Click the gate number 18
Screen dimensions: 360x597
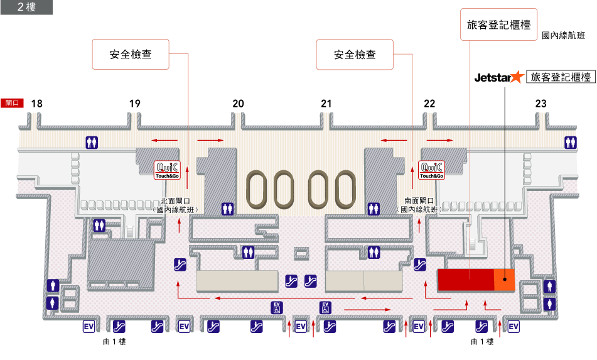click(x=37, y=104)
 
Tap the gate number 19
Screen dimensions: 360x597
click(x=134, y=104)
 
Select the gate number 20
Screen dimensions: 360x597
click(x=238, y=104)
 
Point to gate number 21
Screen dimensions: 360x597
click(x=326, y=104)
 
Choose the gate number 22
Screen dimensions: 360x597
click(x=429, y=104)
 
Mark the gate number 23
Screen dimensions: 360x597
click(x=541, y=104)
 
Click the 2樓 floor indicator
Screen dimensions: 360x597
click(x=26, y=7)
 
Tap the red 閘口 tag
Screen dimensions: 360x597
click(x=13, y=103)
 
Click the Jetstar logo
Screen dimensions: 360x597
click(x=498, y=77)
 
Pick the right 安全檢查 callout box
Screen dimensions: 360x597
click(x=355, y=55)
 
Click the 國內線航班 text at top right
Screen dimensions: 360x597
click(x=563, y=36)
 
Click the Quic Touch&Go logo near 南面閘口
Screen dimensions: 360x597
click(x=432, y=170)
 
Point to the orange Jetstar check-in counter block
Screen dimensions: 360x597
click(x=504, y=279)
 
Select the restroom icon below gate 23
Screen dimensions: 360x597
click(x=570, y=142)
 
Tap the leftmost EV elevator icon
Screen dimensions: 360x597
click(x=89, y=327)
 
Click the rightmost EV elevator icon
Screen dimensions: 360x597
click(x=514, y=327)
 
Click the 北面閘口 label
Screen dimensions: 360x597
click(x=176, y=201)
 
